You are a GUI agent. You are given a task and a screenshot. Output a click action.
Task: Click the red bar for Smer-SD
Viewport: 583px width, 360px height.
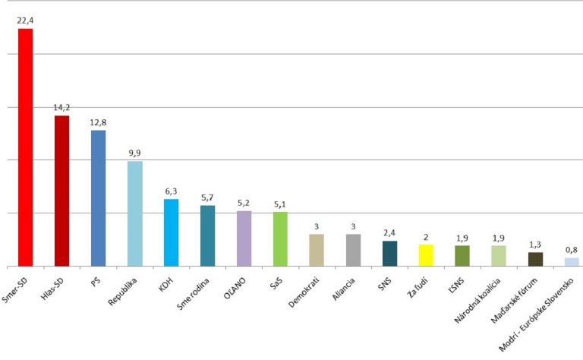coord(26,147)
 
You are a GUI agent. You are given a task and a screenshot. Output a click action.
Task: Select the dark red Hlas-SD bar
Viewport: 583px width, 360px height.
coord(62,191)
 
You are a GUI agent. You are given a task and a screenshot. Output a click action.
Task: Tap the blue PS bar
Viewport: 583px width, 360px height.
coord(99,198)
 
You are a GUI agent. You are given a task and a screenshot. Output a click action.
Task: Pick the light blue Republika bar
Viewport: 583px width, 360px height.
coord(134,213)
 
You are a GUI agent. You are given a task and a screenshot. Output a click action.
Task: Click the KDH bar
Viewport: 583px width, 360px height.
coord(171,232)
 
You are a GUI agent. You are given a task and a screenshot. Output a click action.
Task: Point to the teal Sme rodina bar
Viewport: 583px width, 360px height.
coord(207,235)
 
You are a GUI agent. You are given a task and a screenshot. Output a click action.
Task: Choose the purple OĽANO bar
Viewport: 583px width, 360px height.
coord(244,238)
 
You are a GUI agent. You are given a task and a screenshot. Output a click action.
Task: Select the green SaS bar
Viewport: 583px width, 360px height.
coord(280,239)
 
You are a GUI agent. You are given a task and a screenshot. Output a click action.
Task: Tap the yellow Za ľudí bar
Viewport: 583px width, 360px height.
coord(426,255)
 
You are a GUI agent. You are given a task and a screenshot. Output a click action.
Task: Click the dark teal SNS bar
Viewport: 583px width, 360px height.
coord(389,254)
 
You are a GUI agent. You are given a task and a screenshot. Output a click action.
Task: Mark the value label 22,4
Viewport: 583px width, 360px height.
coord(26,21)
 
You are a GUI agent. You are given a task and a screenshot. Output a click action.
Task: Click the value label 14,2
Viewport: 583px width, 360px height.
coord(62,108)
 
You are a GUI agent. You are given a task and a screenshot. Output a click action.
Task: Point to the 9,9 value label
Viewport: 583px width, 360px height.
coord(134,153)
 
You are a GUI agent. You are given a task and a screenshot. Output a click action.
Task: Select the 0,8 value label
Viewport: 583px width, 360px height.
coord(572,249)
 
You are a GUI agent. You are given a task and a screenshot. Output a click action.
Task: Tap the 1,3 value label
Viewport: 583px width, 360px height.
coord(535,244)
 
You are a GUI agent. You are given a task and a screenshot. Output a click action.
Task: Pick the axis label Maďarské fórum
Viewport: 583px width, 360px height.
coord(519,300)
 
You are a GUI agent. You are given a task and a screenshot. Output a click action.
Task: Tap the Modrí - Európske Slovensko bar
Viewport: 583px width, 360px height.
coord(572,262)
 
